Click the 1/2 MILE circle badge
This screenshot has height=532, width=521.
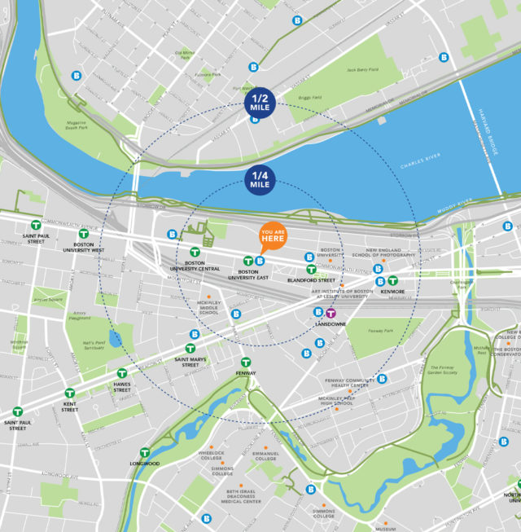point(260,104)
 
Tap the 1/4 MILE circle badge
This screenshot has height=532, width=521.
point(260,180)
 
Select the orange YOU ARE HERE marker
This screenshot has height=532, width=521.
point(273,237)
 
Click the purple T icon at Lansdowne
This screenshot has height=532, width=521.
point(331,312)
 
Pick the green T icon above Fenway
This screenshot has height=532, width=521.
point(245,363)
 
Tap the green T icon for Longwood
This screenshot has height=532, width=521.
point(145,452)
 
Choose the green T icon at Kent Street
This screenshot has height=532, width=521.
point(70,394)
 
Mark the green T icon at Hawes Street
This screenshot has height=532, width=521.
point(122,373)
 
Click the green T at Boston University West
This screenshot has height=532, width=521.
point(83,234)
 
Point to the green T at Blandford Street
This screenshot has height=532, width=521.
point(311,269)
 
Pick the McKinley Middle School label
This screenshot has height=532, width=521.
point(208,308)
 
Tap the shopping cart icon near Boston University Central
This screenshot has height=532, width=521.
point(208,240)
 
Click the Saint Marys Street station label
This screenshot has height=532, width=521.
point(190,362)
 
